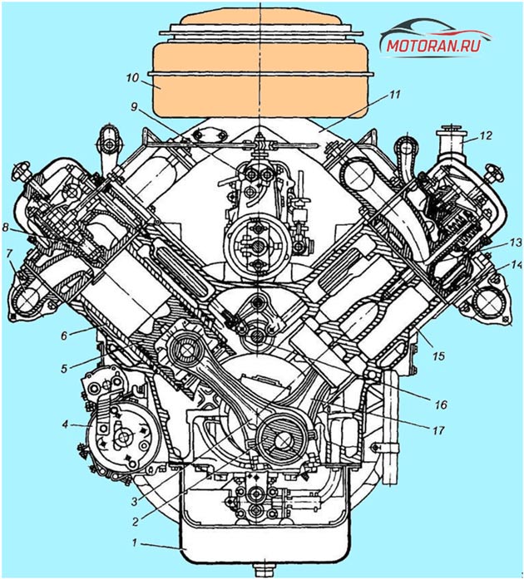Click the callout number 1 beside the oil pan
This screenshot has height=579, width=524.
point(135,542)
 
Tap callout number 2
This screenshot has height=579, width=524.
point(136,522)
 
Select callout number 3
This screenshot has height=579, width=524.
point(135,501)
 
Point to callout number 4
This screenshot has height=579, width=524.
point(65,424)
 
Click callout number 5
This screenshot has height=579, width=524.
point(64,369)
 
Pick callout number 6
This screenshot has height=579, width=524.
point(64,336)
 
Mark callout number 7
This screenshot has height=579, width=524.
point(9,253)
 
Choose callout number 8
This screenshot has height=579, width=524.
point(5,228)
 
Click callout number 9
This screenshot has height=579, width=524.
point(134,107)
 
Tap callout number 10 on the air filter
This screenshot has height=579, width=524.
point(132,78)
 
